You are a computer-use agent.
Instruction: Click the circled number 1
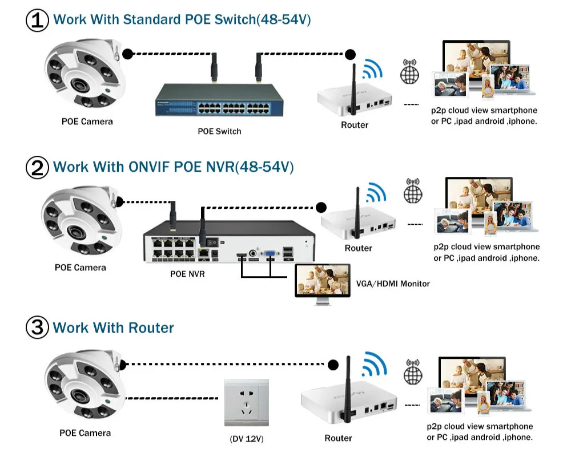[37, 20]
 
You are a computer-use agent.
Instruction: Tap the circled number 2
[37, 168]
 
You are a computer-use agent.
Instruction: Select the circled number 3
[37, 328]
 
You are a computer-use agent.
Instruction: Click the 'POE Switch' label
[219, 131]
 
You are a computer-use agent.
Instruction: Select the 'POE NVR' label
[187, 274]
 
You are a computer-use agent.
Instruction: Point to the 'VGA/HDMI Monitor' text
[393, 284]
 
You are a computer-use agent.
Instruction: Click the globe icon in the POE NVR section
[412, 192]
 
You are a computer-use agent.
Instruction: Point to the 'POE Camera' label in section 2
[80, 267]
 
